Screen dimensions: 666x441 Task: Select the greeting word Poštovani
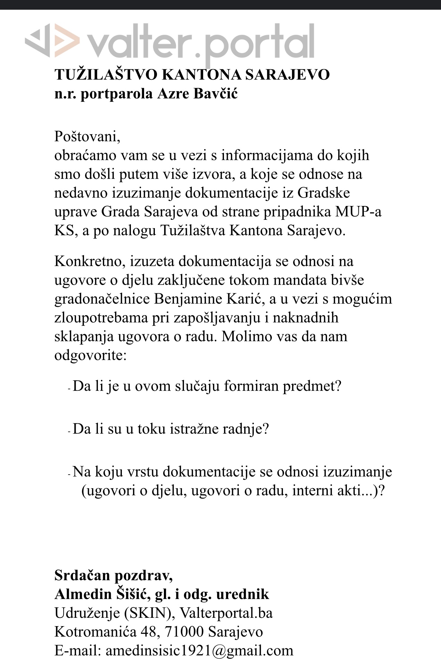coord(87,137)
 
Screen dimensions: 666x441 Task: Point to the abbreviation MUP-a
coord(358,212)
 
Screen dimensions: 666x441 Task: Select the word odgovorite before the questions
coord(90,355)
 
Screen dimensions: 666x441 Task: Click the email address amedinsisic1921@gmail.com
coord(199,651)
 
